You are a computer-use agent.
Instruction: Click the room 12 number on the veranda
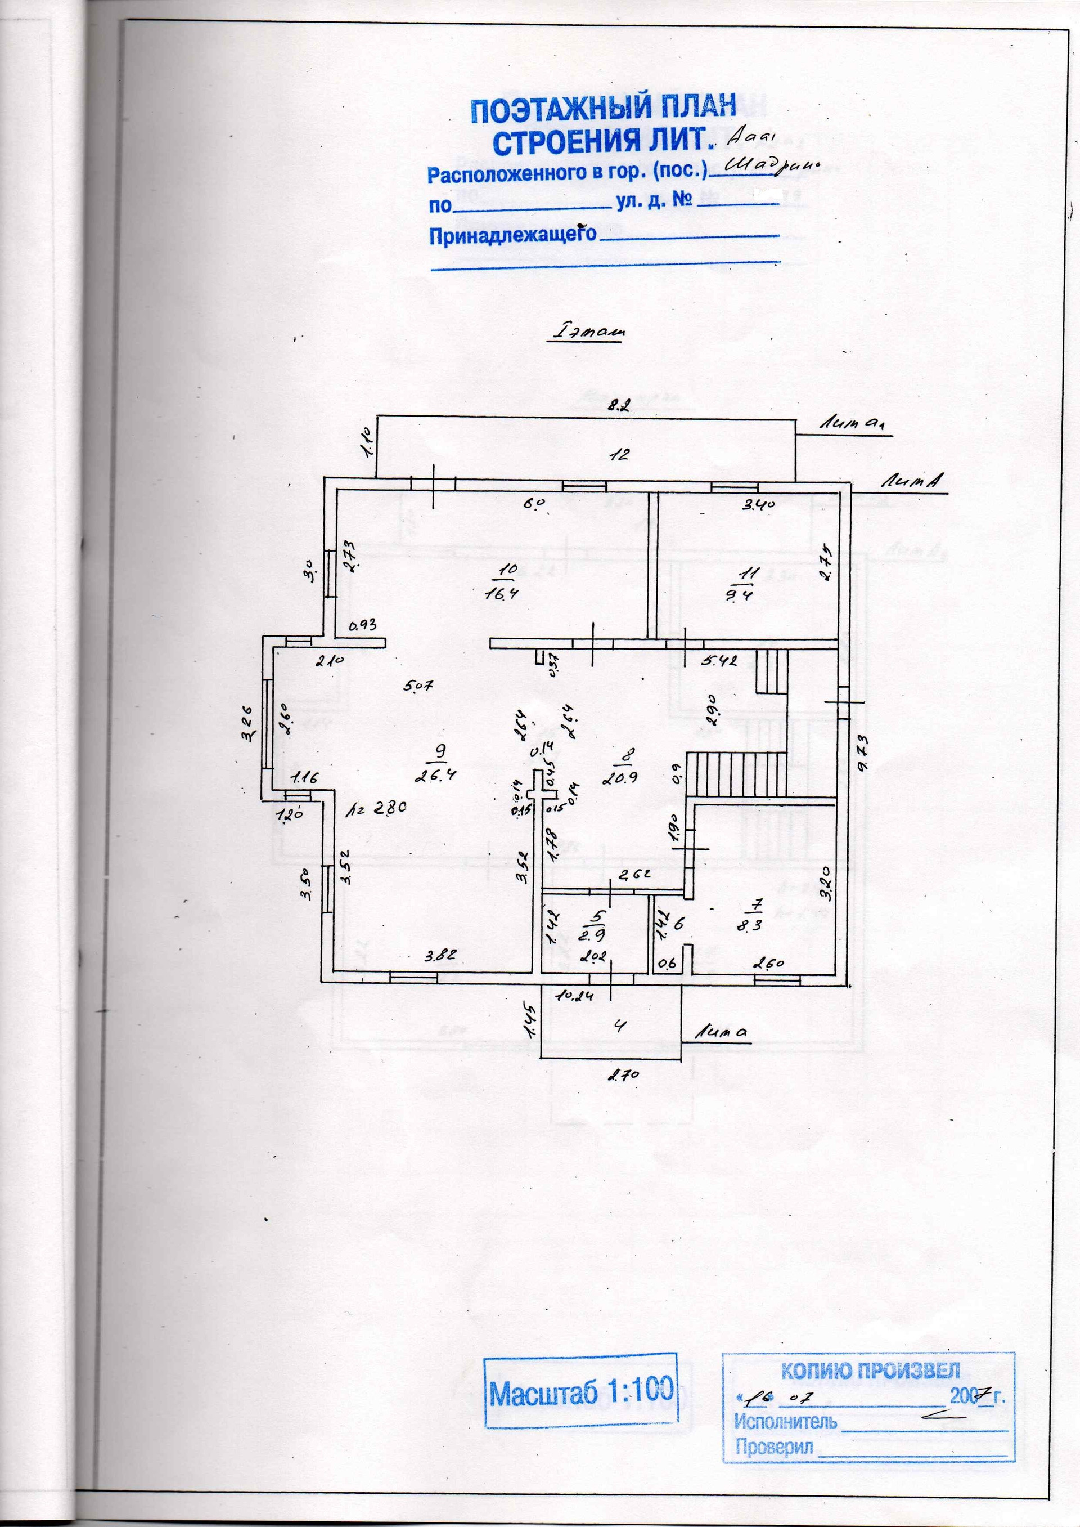pyautogui.click(x=619, y=455)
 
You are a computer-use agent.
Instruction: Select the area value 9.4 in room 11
pyautogui.click(x=739, y=595)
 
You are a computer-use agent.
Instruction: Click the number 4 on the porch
pyautogui.click(x=619, y=1026)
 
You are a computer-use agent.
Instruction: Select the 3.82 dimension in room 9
pyautogui.click(x=440, y=956)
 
